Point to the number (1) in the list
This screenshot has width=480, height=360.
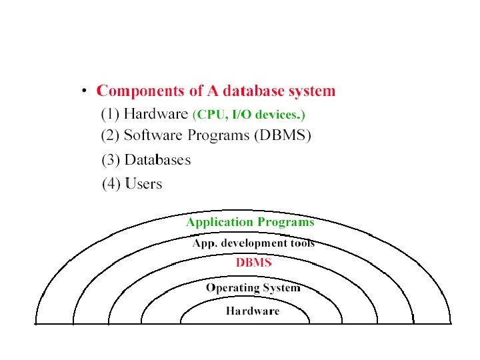tap(110, 113)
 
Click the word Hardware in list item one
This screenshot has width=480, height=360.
tap(156, 113)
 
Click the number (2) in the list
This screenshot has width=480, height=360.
tap(110, 136)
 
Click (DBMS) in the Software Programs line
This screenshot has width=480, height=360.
tap(281, 136)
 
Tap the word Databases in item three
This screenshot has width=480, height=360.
tap(157, 160)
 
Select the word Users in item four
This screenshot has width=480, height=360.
tap(143, 183)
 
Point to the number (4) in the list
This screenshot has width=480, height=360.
tap(111, 183)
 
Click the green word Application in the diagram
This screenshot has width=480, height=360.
tap(219, 222)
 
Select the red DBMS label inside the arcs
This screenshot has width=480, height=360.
tap(253, 263)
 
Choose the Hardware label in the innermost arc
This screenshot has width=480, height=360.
tap(253, 311)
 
